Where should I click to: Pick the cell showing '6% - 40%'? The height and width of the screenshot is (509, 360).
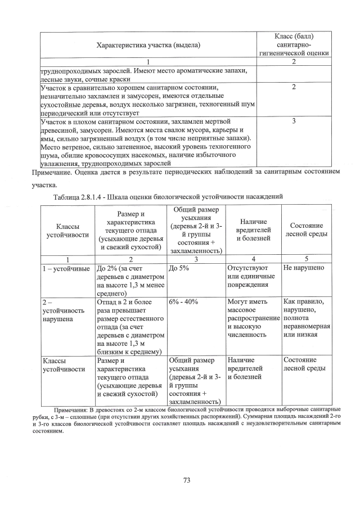click(x=183, y=301)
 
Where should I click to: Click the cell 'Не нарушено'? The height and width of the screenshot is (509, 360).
click(x=304, y=268)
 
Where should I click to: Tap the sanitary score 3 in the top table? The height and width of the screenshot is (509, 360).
click(x=294, y=121)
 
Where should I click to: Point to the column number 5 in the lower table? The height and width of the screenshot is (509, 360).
click(x=307, y=259)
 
